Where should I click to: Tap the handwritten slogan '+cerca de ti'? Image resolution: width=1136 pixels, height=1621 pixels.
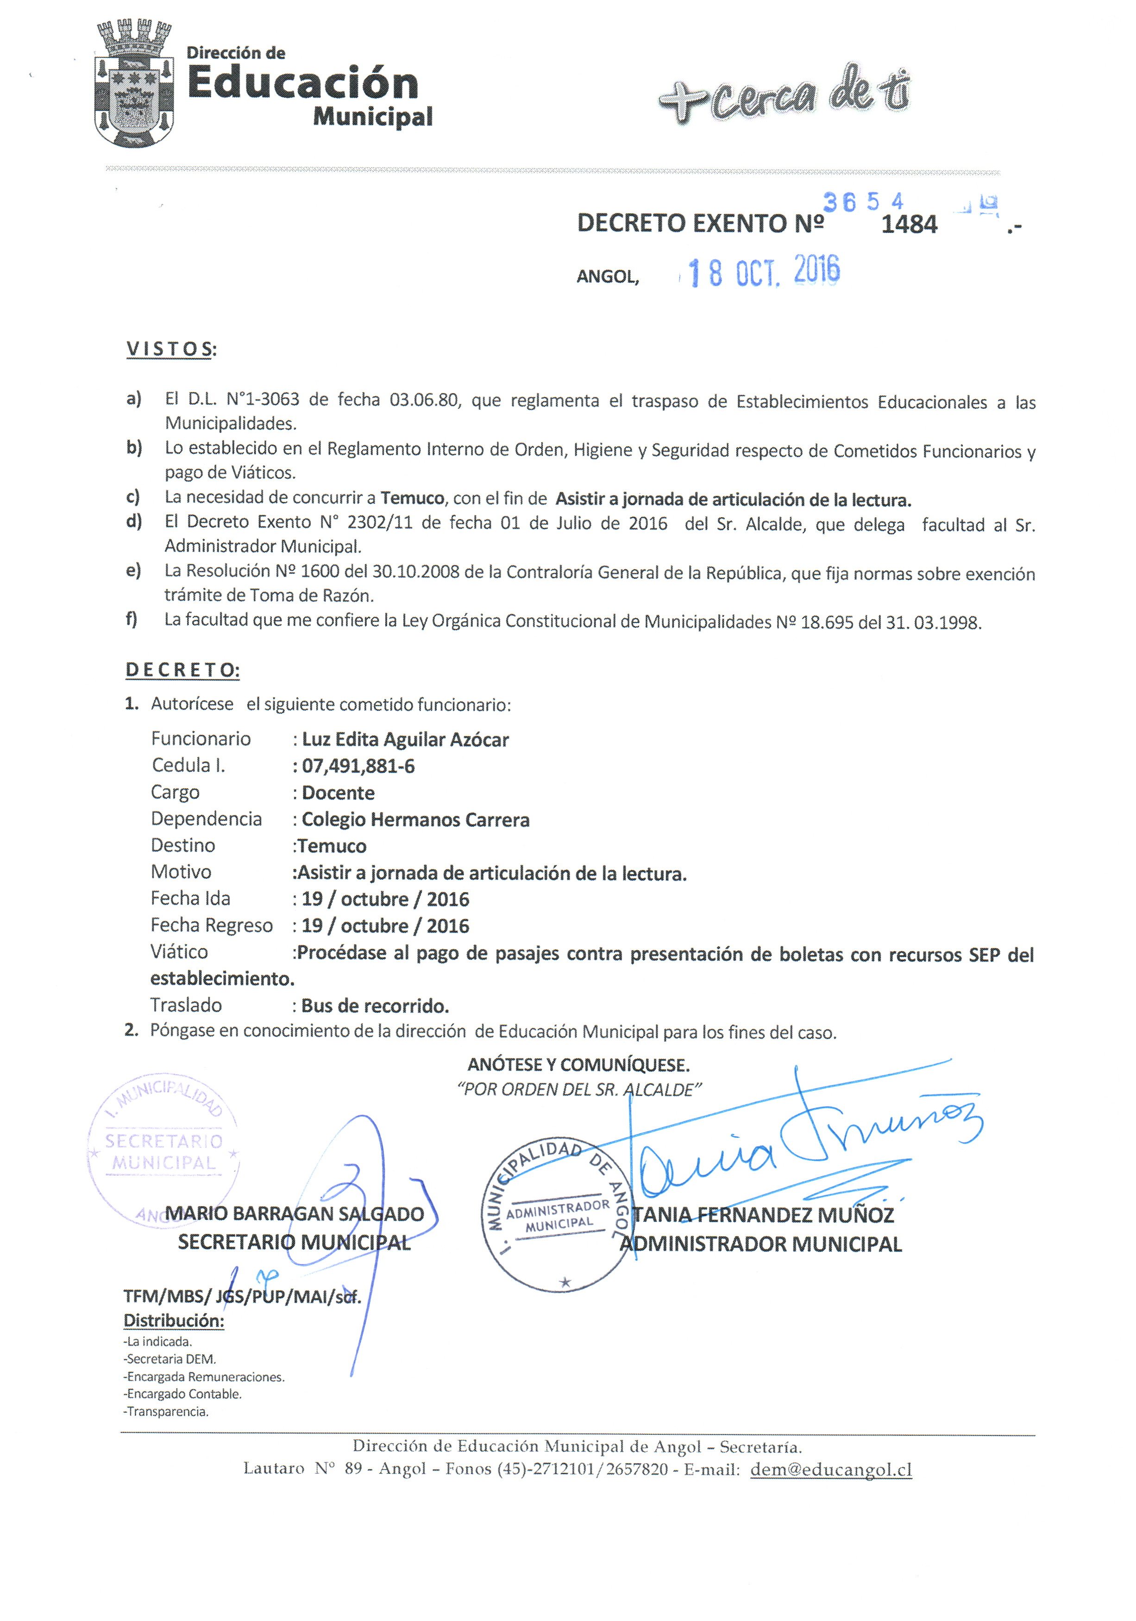pos(783,96)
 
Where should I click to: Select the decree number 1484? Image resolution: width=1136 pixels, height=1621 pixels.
pos(910,225)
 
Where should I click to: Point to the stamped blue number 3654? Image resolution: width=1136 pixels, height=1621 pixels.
pos(863,203)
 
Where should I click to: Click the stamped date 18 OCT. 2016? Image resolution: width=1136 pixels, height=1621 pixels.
pos(764,272)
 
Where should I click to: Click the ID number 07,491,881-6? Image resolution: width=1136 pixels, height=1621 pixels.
pos(358,766)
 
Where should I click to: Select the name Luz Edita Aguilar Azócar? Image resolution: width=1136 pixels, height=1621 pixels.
pos(405,739)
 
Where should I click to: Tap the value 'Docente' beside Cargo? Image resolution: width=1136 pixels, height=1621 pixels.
pos(338,793)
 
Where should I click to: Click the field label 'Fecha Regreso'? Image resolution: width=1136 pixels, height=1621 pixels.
pos(211,926)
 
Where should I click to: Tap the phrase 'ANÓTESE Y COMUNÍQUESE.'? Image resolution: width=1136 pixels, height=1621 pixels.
pos(578,1064)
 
